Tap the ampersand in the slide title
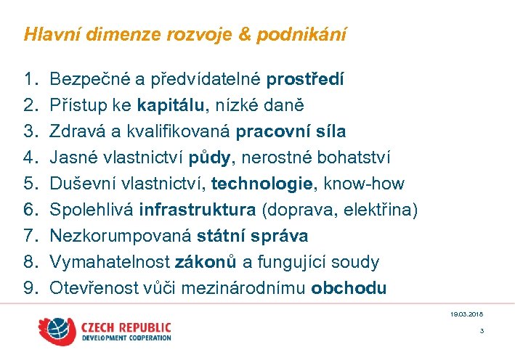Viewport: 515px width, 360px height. coord(227,34)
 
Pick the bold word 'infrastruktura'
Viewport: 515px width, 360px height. coord(198,210)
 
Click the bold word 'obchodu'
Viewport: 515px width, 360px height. coord(349,288)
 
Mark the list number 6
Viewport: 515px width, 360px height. coord(30,210)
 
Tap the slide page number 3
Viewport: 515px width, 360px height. coord(482,331)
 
